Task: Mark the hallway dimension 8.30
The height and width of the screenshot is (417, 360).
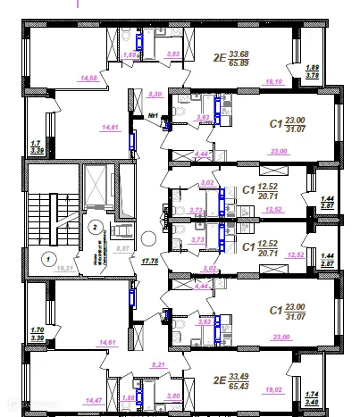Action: point(155,93)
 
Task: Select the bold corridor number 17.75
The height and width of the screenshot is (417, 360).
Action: point(149,262)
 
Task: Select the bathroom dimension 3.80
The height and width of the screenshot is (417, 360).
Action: point(173,396)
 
